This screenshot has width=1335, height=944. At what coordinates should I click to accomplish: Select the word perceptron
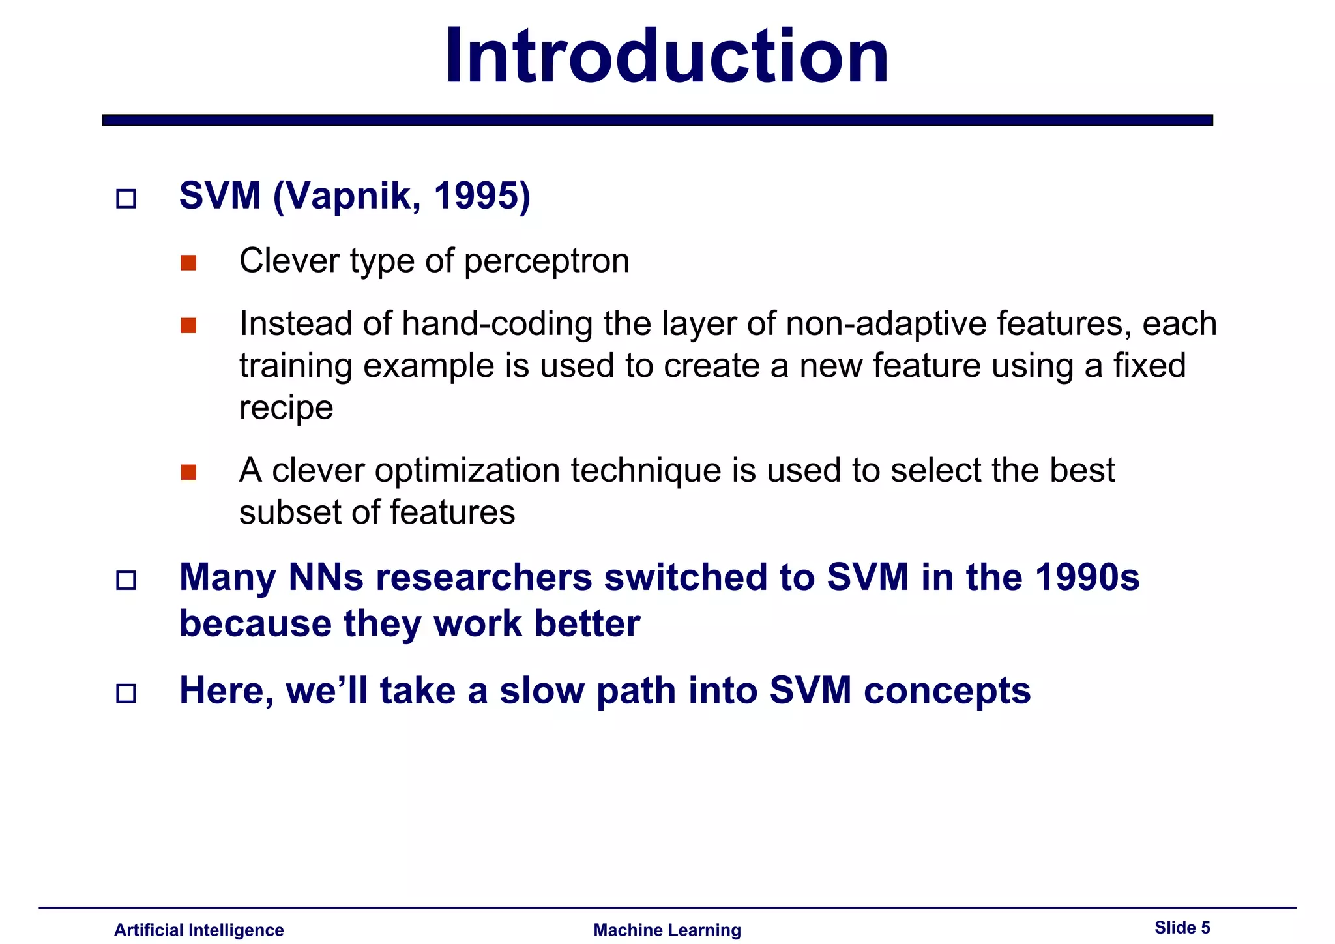(x=546, y=262)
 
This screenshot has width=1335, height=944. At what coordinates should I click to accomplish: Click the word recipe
(x=286, y=409)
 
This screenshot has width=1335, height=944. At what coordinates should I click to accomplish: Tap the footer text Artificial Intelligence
(x=199, y=930)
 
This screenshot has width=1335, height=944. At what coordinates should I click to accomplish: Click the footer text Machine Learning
(x=667, y=930)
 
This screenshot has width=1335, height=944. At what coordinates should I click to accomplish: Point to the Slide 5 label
(x=1182, y=928)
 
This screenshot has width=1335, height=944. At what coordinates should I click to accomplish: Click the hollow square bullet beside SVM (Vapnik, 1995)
(x=126, y=198)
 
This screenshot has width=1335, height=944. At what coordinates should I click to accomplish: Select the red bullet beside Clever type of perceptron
(x=188, y=263)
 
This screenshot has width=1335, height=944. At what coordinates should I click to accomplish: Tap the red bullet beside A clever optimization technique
(x=188, y=472)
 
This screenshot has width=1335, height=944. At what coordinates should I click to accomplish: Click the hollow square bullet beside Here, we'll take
(x=126, y=693)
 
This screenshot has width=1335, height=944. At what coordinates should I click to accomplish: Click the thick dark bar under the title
(x=657, y=120)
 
